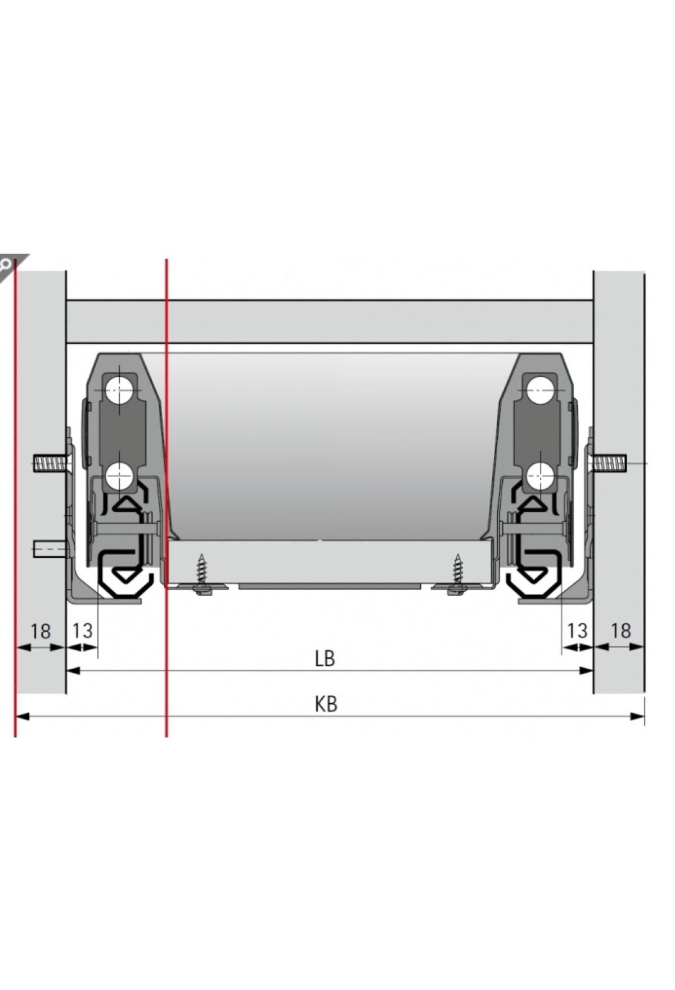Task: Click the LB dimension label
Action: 325,658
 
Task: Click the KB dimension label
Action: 326,704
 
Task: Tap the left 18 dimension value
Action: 40,631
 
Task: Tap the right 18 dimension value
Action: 620,631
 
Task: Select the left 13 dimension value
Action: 82,631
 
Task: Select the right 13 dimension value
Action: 577,631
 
